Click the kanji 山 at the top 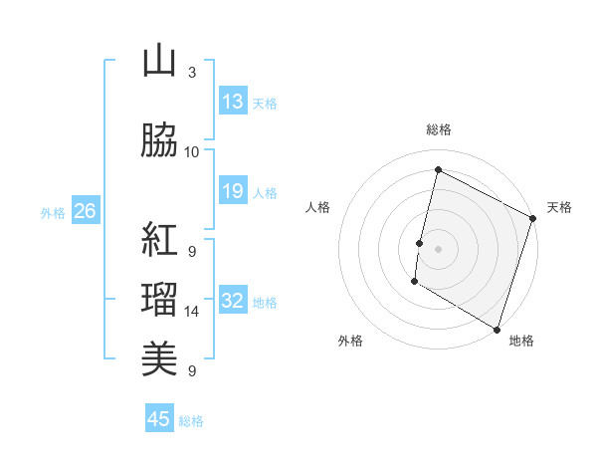[159, 62]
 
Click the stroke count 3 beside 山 [191, 73]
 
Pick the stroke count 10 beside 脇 [192, 152]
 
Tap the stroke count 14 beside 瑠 [192, 312]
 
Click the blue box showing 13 [232, 102]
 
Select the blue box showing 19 [232, 191]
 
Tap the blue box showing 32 [232, 301]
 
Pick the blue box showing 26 [85, 211]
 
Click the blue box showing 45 [159, 419]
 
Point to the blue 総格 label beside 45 [191, 421]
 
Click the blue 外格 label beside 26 [53, 212]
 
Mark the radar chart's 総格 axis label [438, 129]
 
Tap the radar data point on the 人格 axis [420, 243]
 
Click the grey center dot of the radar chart [438, 248]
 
